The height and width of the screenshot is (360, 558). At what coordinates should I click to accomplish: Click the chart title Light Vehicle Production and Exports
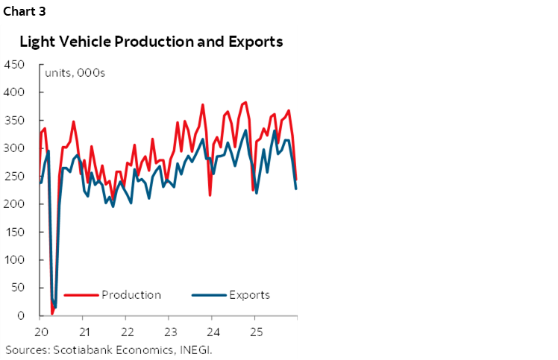click(x=151, y=42)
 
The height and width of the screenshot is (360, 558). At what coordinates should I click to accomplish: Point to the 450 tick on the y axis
click(x=15, y=64)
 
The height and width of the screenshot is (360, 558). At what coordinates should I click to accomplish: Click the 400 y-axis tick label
click(x=15, y=92)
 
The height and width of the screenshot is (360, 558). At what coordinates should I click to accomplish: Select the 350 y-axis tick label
click(x=15, y=120)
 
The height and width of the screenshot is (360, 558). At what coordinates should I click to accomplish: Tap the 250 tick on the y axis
click(x=15, y=176)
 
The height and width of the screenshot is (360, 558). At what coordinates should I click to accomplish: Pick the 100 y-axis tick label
click(x=15, y=260)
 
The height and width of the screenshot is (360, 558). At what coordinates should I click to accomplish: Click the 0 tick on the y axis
click(x=22, y=316)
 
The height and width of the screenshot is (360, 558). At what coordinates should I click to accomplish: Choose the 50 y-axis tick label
click(x=18, y=288)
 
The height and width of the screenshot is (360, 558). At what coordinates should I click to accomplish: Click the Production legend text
click(x=131, y=294)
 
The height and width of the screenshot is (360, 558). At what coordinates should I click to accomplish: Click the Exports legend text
click(x=250, y=294)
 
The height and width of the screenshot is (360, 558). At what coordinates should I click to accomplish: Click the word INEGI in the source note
click(x=204, y=349)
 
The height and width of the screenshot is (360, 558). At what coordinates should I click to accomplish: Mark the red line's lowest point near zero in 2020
click(x=52, y=314)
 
